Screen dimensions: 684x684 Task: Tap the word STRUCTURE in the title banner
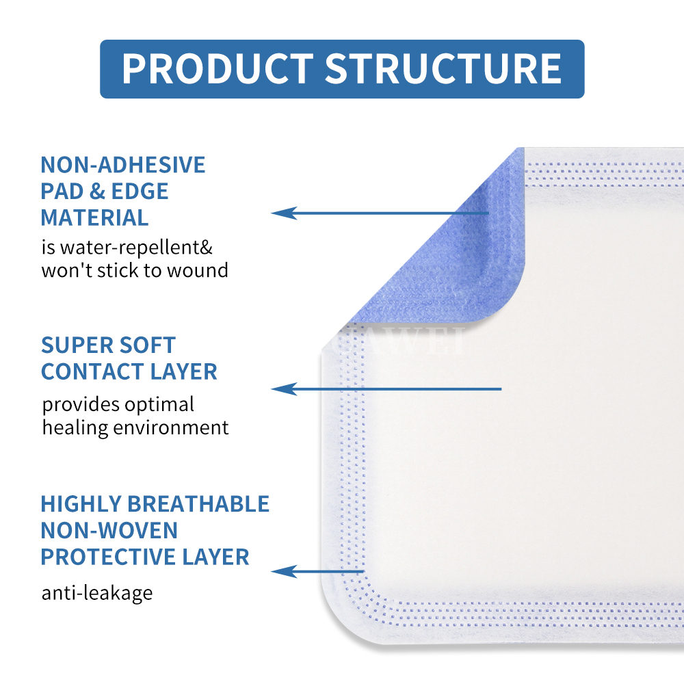[443, 68]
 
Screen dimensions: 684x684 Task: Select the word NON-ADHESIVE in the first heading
[123, 165]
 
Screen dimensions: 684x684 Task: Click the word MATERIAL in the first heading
[94, 218]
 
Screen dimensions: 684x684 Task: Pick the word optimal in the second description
[160, 404]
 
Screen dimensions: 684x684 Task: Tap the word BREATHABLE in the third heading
[198, 504]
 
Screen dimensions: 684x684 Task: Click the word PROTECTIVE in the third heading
[104, 557]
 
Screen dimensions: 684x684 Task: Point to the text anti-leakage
[97, 592]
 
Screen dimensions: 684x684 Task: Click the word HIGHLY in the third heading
[81, 504]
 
